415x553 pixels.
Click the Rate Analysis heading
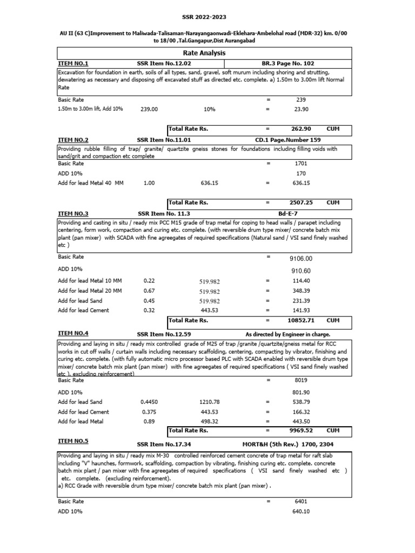pyautogui.click(x=204, y=53)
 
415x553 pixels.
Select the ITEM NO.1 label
pyautogui.click(x=73, y=63)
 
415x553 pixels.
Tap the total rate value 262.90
pyautogui.click(x=301, y=130)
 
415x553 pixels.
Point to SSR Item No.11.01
pyautogui.click(x=163, y=139)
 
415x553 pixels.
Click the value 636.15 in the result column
pyautogui.click(x=301, y=183)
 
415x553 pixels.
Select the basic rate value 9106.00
pyautogui.click(x=301, y=258)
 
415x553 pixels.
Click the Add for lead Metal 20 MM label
pyautogui.click(x=90, y=291)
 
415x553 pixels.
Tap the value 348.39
pyautogui.click(x=301, y=291)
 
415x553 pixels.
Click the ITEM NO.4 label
pyautogui.click(x=73, y=333)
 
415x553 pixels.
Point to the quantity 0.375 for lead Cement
pyautogui.click(x=149, y=412)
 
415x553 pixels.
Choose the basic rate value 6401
pyautogui.click(x=301, y=501)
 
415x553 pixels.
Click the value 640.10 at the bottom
pyautogui.click(x=301, y=511)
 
